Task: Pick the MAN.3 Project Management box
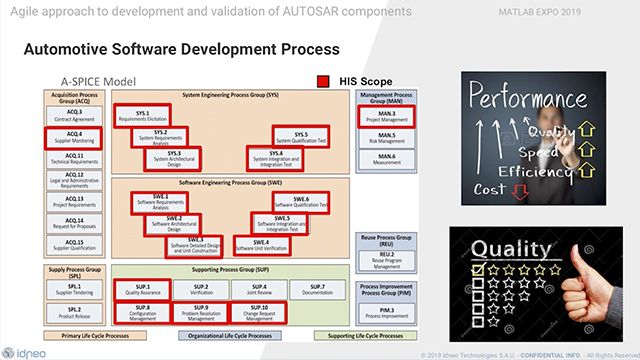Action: point(386,115)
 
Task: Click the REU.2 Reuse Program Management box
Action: point(386,258)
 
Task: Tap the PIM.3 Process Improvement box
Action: point(386,311)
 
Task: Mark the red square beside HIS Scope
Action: point(324,81)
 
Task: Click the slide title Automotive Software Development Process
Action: point(180,49)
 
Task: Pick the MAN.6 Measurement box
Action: point(386,156)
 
